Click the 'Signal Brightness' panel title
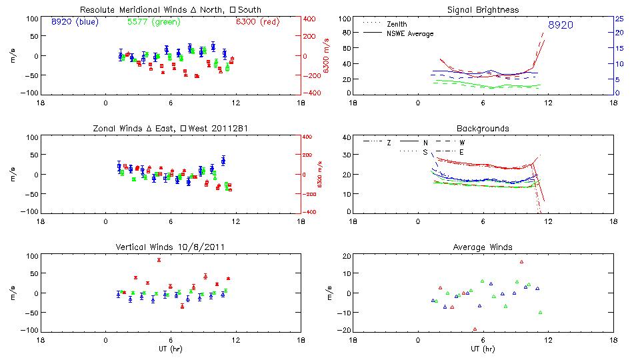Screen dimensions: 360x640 pyautogui.click(x=483, y=10)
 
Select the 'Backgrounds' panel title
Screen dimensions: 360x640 pyautogui.click(x=483, y=128)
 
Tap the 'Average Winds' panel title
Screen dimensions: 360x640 pyautogui.click(x=483, y=247)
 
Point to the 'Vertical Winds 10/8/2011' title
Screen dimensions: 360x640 pyautogui.click(x=170, y=247)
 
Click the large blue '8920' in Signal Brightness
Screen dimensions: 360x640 pyautogui.click(x=560, y=25)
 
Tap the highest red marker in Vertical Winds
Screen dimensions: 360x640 pyautogui.click(x=159, y=260)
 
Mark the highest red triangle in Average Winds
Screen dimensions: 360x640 pyautogui.click(x=522, y=262)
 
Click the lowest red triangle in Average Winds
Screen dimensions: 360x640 pyautogui.click(x=475, y=329)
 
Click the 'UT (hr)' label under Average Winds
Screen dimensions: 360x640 pyautogui.click(x=483, y=349)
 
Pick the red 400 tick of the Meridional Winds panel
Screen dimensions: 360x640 pyautogui.click(x=311, y=19)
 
